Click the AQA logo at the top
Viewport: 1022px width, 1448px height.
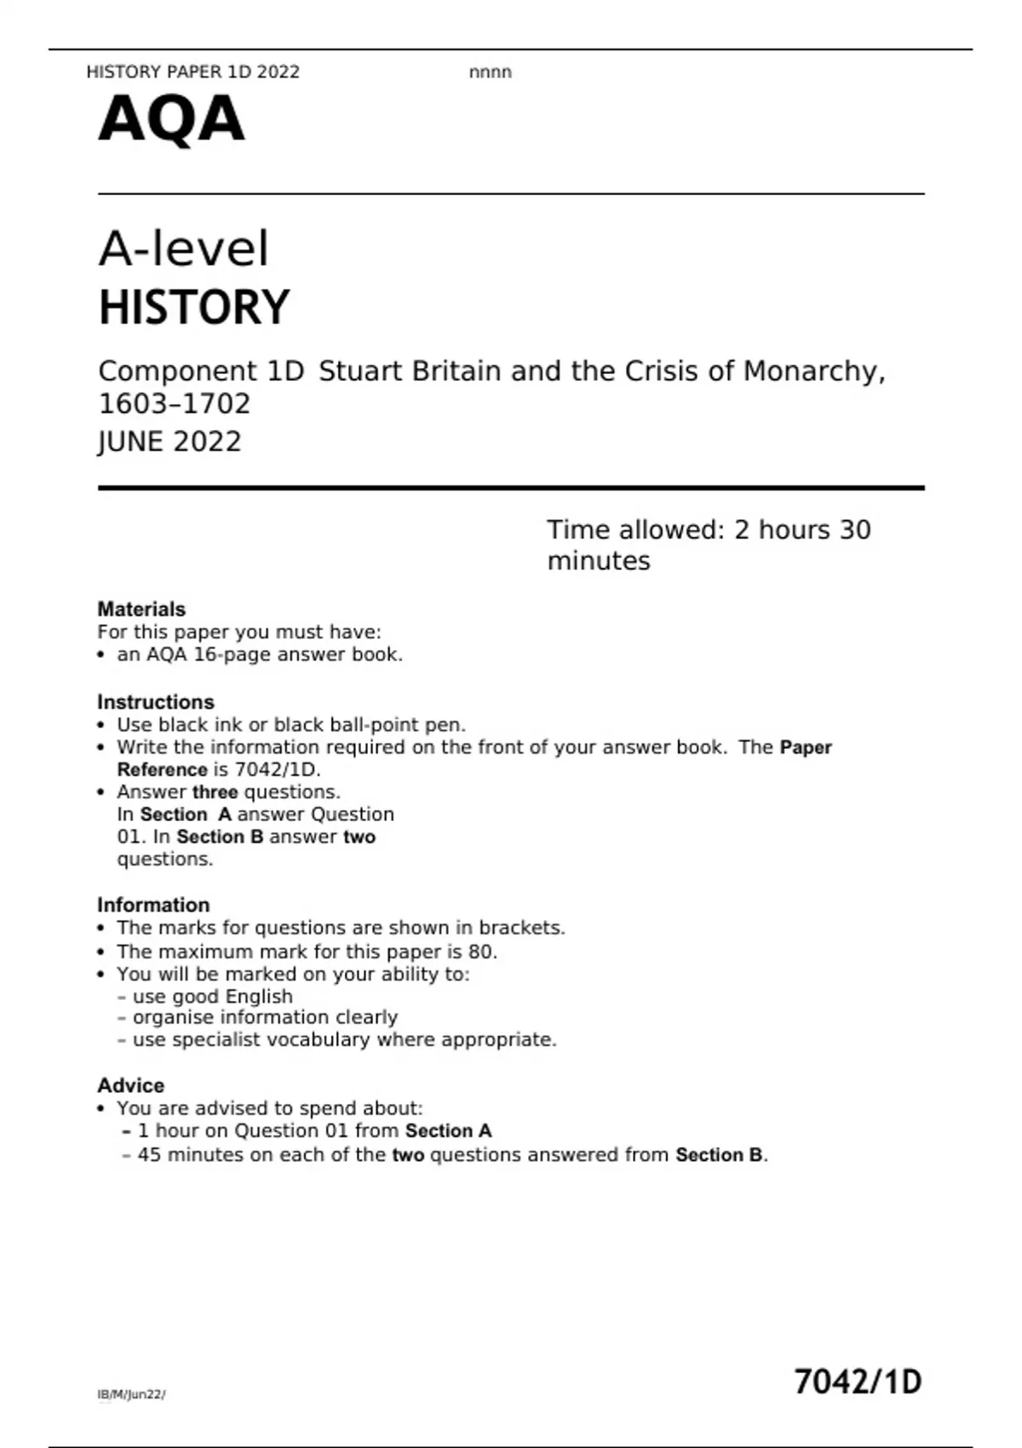pyautogui.click(x=171, y=120)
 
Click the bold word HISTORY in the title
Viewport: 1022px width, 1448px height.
pyautogui.click(x=194, y=307)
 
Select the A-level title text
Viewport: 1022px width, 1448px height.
pyautogui.click(x=184, y=249)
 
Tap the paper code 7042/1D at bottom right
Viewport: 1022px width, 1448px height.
pyautogui.click(x=858, y=1382)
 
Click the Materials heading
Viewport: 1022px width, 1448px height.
pyautogui.click(x=141, y=609)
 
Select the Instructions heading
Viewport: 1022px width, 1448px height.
pyautogui.click(x=156, y=702)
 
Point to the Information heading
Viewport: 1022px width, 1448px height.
pyautogui.click(x=153, y=905)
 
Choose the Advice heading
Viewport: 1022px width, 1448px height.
pyautogui.click(x=130, y=1085)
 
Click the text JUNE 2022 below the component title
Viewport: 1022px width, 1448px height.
pyautogui.click(x=169, y=441)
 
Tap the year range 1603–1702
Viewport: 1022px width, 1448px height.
pyautogui.click(x=175, y=403)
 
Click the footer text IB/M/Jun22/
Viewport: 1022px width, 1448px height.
pyautogui.click(x=131, y=1394)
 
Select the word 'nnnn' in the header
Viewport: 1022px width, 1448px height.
pyautogui.click(x=491, y=72)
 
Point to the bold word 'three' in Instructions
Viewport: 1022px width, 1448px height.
pyautogui.click(x=215, y=792)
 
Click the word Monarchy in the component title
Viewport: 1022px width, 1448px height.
pyautogui.click(x=814, y=371)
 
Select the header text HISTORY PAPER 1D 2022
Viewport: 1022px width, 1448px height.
pyautogui.click(x=193, y=72)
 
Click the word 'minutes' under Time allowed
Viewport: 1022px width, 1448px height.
pyautogui.click(x=599, y=561)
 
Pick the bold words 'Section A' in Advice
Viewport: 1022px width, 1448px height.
pyautogui.click(x=449, y=1131)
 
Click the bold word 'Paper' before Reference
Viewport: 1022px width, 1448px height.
pyautogui.click(x=806, y=747)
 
